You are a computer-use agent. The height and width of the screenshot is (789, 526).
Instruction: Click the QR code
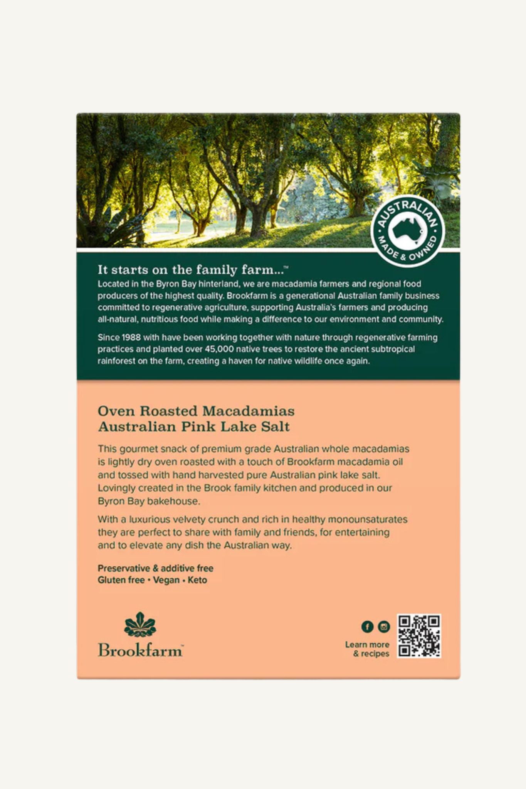point(419,636)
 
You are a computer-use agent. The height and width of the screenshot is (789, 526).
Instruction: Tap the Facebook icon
point(367,627)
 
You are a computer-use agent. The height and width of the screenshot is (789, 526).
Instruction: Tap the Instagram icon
point(384,627)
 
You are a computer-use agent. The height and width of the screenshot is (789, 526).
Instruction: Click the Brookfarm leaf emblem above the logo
point(140,624)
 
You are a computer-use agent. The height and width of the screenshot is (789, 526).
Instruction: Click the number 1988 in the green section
point(131,337)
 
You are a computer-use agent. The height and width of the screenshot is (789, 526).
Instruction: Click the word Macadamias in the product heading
point(248,411)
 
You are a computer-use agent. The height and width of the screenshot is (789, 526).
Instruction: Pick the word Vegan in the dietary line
point(166,580)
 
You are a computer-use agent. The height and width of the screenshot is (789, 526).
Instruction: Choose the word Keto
point(197,580)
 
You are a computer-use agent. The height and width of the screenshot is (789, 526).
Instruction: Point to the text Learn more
point(367,645)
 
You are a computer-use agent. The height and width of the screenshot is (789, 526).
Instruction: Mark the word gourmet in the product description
point(137,449)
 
